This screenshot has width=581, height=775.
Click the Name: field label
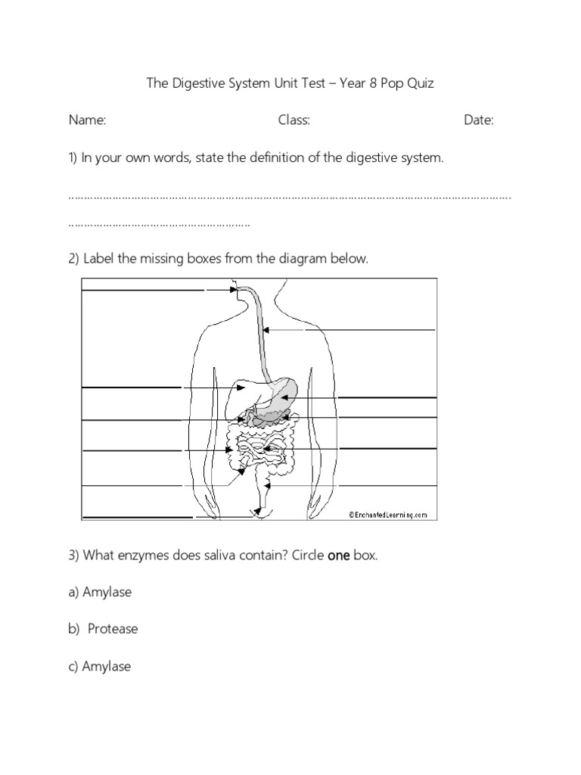(87, 120)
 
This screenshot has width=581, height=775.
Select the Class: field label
(294, 120)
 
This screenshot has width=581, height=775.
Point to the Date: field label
(478, 120)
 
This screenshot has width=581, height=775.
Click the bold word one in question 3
(338, 555)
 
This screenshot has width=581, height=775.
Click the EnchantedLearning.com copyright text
(388, 515)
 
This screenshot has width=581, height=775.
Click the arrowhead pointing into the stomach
(283, 398)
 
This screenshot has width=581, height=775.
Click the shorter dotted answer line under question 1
(159, 224)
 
